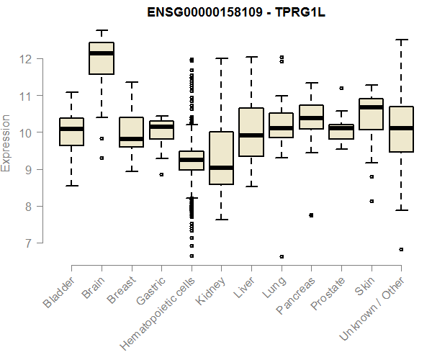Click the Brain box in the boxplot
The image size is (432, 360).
[102, 58]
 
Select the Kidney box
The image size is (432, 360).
[220, 158]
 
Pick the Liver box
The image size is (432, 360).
[251, 132]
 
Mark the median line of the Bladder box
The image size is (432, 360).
[71, 129]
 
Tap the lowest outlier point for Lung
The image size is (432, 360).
[281, 256]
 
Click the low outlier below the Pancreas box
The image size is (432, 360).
[311, 215]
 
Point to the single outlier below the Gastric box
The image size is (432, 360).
[161, 174]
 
